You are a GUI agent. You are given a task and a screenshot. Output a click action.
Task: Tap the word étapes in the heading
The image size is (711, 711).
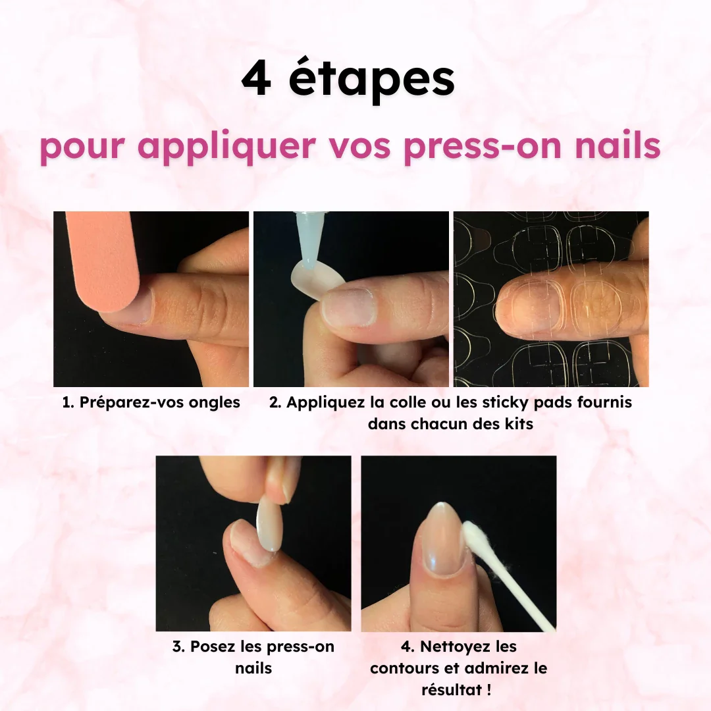point(371,81)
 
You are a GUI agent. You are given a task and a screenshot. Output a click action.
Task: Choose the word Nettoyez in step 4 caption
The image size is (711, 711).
point(456,646)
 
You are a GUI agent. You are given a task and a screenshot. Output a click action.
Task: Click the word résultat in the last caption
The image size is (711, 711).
point(451,690)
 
